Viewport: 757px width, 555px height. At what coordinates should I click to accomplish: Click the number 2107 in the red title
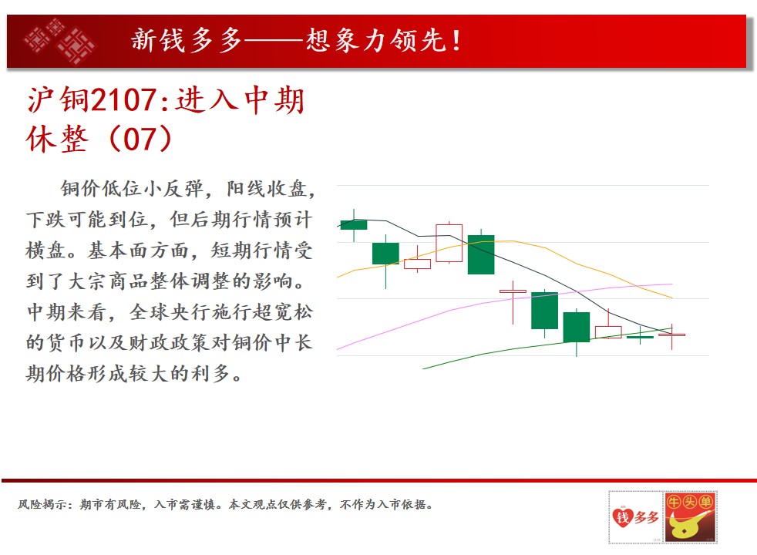[123, 100]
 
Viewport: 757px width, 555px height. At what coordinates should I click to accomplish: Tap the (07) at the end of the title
[140, 139]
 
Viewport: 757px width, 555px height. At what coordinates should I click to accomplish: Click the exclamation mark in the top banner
[456, 41]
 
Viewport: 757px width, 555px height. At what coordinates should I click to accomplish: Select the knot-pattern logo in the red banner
[60, 42]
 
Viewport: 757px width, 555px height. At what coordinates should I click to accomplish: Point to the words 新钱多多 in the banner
[187, 41]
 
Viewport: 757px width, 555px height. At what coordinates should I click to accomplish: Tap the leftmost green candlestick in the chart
[354, 224]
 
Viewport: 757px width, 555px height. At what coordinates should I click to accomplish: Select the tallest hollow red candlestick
[449, 243]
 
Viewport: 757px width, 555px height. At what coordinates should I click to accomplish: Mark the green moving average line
[546, 343]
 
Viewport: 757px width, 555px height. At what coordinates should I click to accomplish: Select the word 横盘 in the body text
[45, 251]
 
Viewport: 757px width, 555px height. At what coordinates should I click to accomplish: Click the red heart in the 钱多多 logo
[622, 517]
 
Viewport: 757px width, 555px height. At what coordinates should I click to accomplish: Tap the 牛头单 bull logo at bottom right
[690, 517]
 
